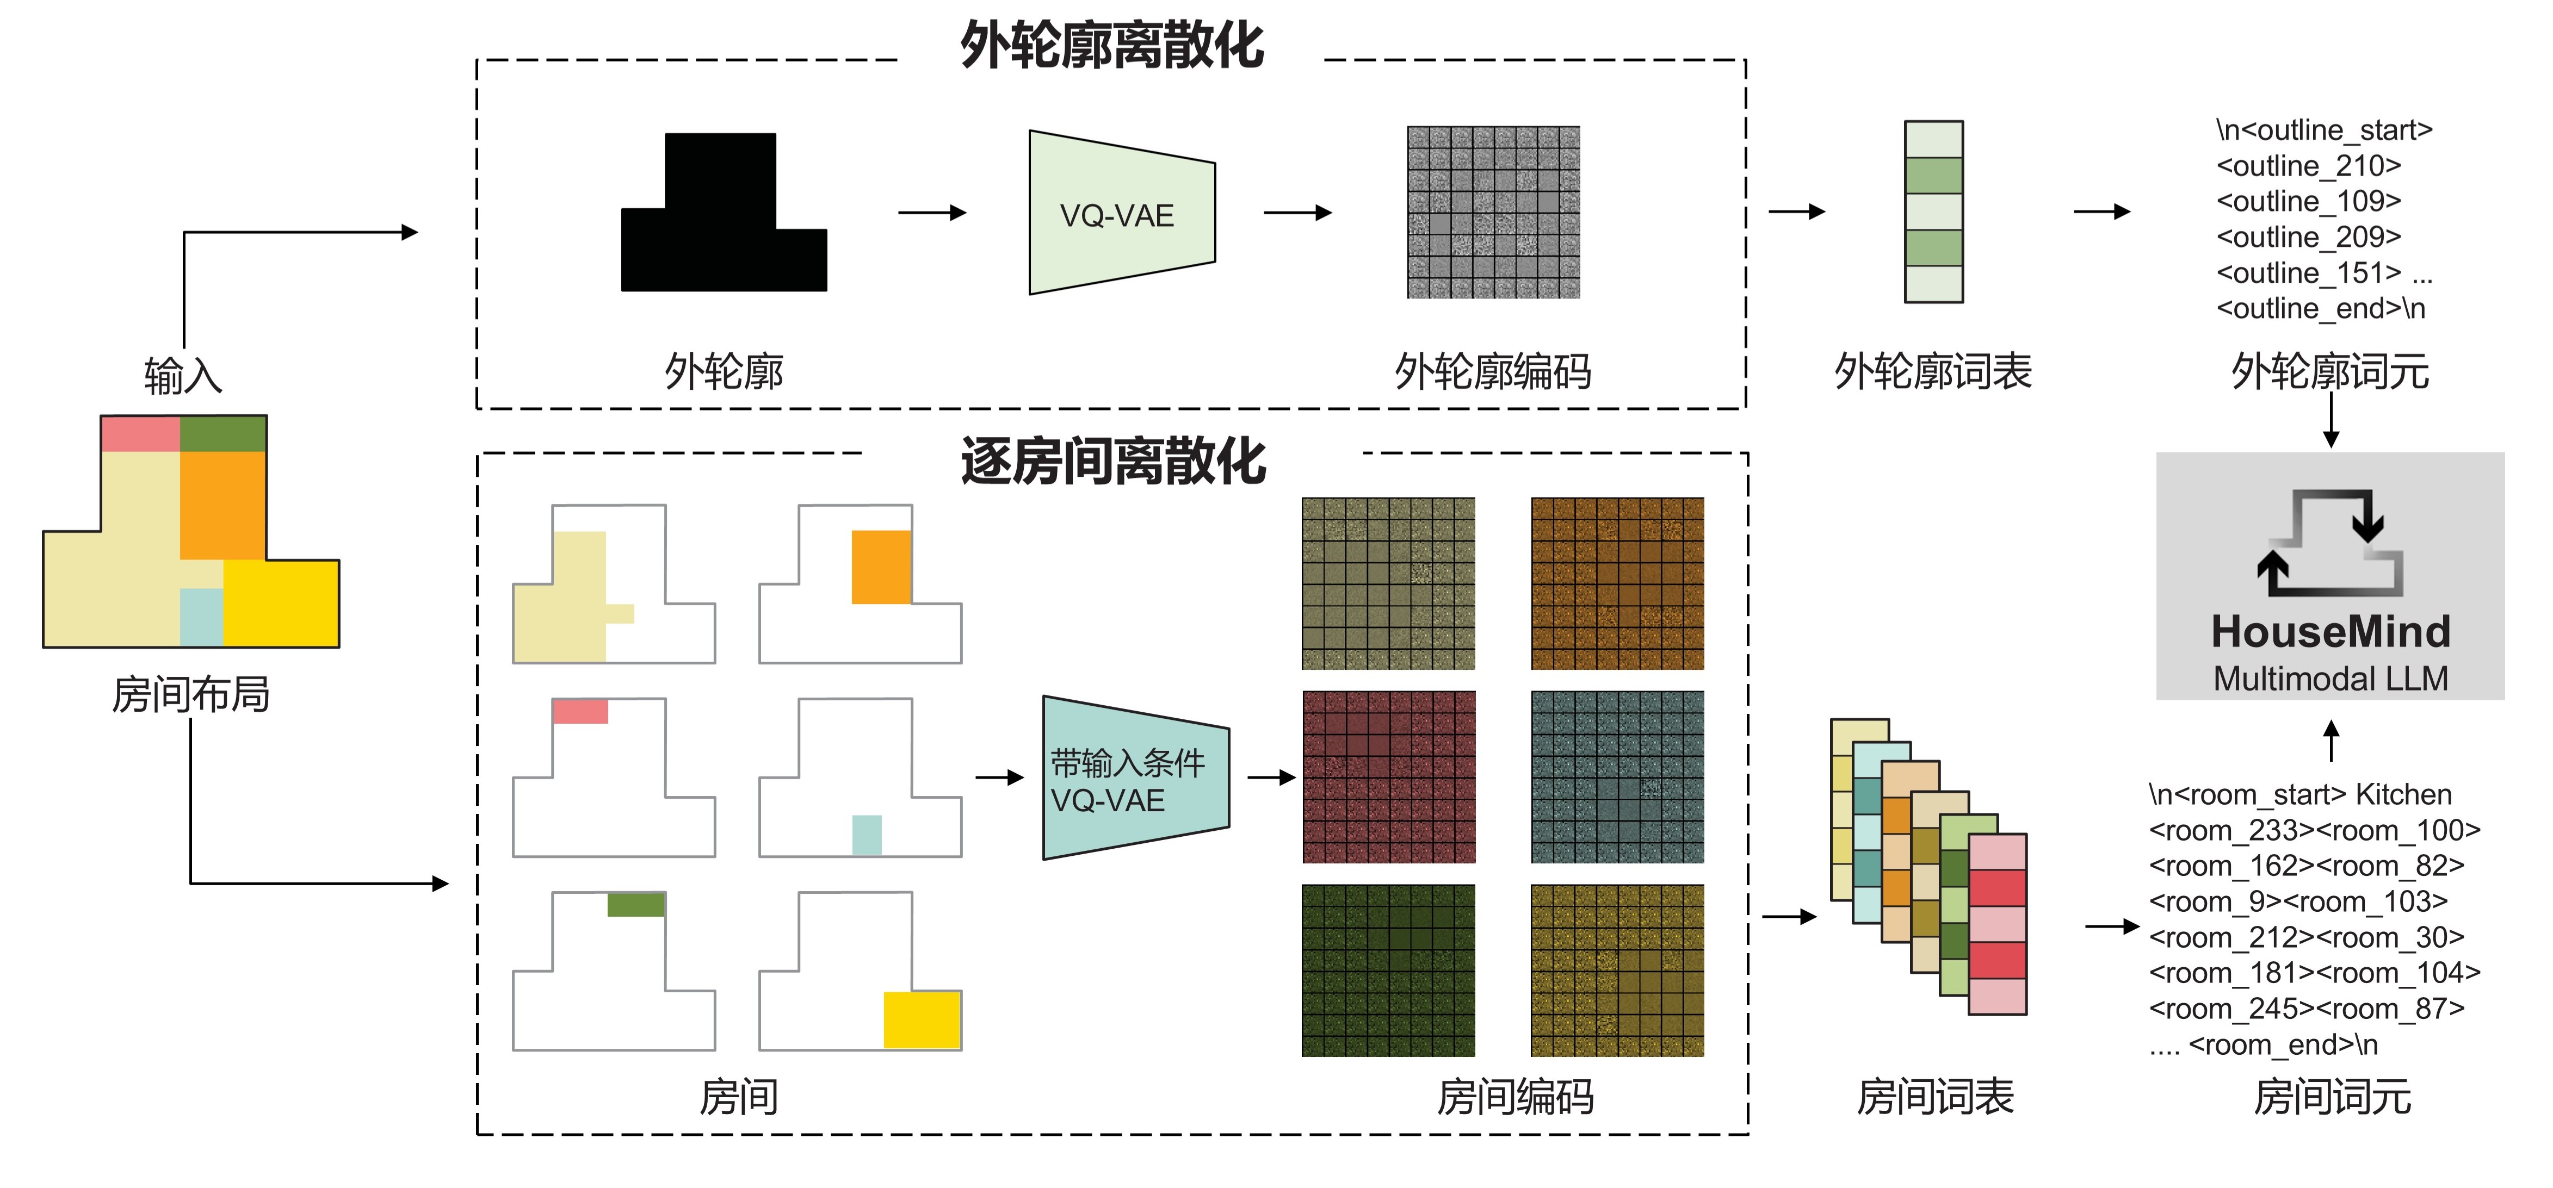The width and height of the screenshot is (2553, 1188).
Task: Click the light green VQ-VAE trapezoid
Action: (x=1121, y=213)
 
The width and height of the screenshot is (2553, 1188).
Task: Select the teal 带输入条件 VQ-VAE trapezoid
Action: (x=1135, y=779)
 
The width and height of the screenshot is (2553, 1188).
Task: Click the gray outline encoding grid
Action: (x=1493, y=212)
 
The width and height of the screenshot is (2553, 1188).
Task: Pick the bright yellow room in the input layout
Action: (x=281, y=602)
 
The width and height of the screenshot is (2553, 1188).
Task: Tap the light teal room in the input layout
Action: (x=201, y=617)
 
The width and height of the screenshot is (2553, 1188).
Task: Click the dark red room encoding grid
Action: (x=1388, y=777)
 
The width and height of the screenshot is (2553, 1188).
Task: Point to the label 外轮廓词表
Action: (x=1933, y=371)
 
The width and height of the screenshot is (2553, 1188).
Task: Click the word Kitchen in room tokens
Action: (x=2403, y=795)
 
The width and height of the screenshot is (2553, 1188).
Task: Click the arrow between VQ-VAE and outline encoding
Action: (x=1296, y=212)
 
